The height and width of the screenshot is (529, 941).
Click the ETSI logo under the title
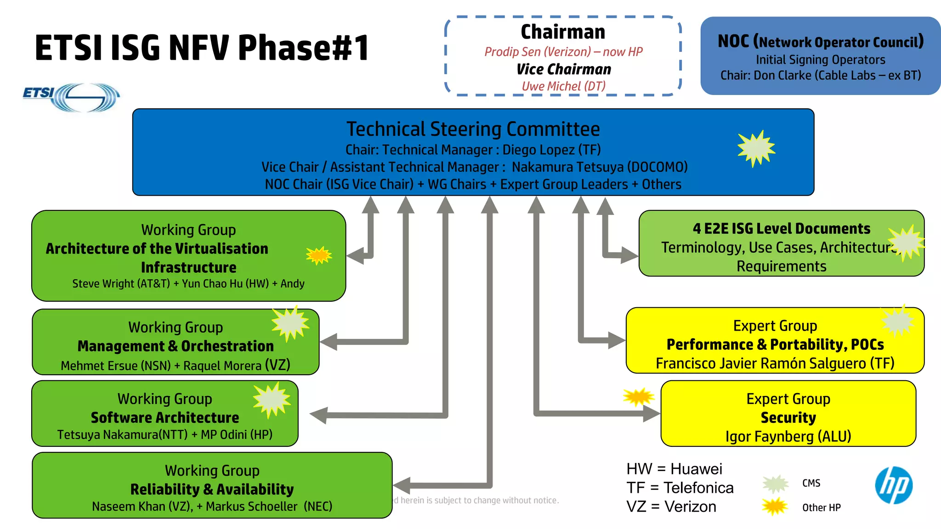71,97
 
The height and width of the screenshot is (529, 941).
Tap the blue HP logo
894,485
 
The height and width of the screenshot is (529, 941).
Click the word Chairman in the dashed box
563,32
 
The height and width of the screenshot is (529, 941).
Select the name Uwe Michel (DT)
564,86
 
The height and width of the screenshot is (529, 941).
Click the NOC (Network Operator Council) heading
821,42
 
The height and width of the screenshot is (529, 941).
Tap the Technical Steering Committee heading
473,129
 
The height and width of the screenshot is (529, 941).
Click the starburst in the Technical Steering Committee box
756,148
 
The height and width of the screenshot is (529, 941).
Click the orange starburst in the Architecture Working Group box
319,255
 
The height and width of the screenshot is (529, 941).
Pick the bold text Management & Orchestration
176,346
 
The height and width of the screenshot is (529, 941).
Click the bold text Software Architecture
164,417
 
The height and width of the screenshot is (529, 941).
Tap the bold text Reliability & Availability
212,490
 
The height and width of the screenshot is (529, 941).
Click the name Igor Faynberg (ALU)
788,436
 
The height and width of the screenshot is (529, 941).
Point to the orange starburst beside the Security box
639,397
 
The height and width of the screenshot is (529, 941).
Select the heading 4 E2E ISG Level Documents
781,229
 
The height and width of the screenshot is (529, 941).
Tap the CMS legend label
811,483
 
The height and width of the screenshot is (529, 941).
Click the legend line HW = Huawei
674,469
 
